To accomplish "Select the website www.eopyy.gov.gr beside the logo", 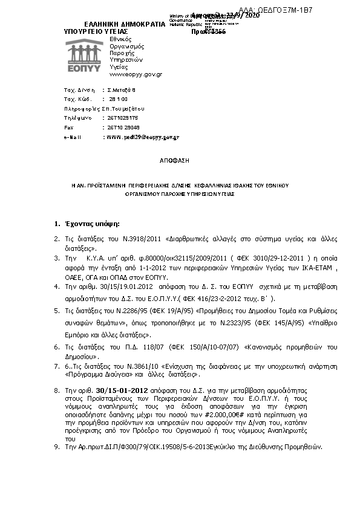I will click(136, 74).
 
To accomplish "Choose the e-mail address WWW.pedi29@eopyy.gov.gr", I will click(142, 137).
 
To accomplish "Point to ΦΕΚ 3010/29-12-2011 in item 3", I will click(234, 258).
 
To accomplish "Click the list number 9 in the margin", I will click(56, 447).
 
